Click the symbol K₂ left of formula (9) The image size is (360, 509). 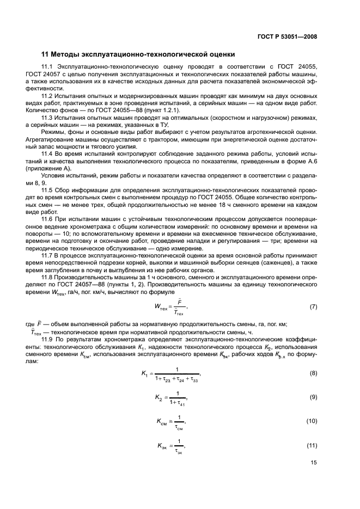point(158,398)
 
